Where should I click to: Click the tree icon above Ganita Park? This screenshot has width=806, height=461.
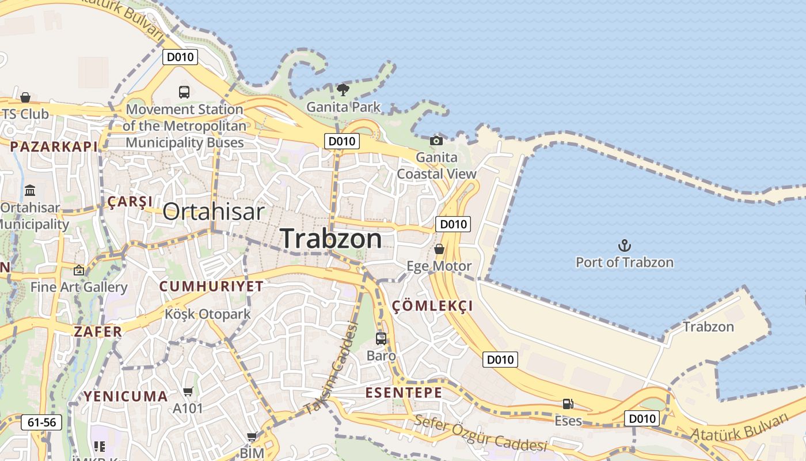click(x=343, y=90)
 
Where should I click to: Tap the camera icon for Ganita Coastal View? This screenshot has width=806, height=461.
click(x=436, y=141)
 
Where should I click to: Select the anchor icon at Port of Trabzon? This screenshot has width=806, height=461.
click(x=625, y=246)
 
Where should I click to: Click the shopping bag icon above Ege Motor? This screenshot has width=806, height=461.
click(x=439, y=249)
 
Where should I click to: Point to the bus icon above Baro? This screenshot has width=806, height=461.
click(x=381, y=338)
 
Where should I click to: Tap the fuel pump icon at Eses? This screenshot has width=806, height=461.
click(x=568, y=404)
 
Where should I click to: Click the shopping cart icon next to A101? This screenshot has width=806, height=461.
click(x=188, y=392)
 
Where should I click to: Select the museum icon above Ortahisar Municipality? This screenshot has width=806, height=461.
click(x=30, y=190)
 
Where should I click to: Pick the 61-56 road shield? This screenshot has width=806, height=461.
click(x=41, y=422)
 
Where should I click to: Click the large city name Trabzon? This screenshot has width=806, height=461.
click(x=331, y=239)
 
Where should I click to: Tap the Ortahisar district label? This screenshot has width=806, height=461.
click(x=214, y=211)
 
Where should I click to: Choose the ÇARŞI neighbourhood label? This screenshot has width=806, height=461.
click(x=130, y=202)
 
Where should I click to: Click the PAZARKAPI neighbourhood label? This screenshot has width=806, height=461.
click(x=54, y=146)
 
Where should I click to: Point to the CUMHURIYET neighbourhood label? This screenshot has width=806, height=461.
click(x=211, y=286)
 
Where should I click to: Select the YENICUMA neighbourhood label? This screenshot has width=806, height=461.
click(x=126, y=396)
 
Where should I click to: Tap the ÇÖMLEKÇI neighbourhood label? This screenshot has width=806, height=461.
click(x=432, y=306)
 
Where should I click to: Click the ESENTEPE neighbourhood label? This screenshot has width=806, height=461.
click(x=404, y=393)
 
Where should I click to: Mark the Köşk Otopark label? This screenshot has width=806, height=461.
click(x=208, y=314)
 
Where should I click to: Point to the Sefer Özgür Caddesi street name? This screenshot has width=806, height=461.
click(x=480, y=433)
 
